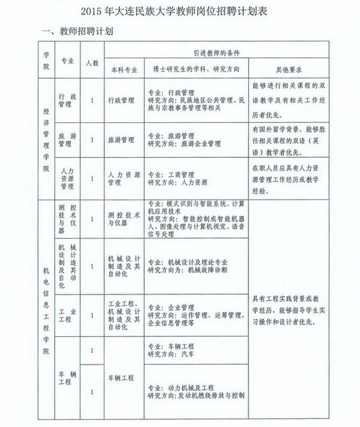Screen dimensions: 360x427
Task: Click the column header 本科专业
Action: pyautogui.click(x=121, y=70)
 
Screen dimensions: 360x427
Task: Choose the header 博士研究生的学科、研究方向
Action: pyautogui.click(x=197, y=70)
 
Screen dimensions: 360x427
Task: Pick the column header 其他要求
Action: pyautogui.click(x=289, y=70)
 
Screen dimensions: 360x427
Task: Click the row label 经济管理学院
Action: pyautogui.click(x=46, y=137)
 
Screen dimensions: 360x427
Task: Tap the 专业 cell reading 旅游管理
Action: pyautogui.click(x=67, y=139)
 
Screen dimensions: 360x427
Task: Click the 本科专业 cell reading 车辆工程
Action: pyautogui.click(x=122, y=376)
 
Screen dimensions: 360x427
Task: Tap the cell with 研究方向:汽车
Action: pyautogui.click(x=196, y=349)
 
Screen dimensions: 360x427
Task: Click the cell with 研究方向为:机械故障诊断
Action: pyautogui.click(x=196, y=266)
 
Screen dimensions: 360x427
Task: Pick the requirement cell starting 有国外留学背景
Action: pyautogui.click(x=289, y=139)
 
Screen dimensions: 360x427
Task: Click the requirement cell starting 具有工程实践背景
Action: pyautogui.click(x=289, y=311)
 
